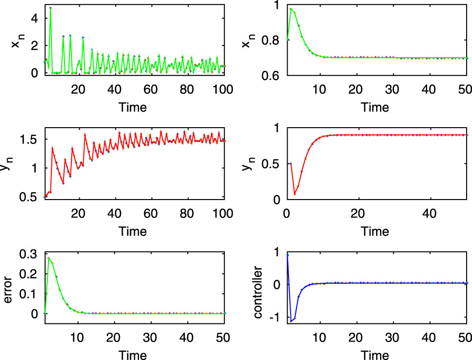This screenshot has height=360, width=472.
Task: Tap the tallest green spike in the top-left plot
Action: (50, 8)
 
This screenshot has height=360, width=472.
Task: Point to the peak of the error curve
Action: (48, 258)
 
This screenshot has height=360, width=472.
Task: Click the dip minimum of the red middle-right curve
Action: (294, 194)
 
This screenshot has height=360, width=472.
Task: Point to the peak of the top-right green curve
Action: (291, 8)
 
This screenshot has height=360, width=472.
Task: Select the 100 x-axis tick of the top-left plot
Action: (224, 89)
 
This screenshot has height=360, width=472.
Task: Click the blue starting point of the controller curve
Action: (287, 255)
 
